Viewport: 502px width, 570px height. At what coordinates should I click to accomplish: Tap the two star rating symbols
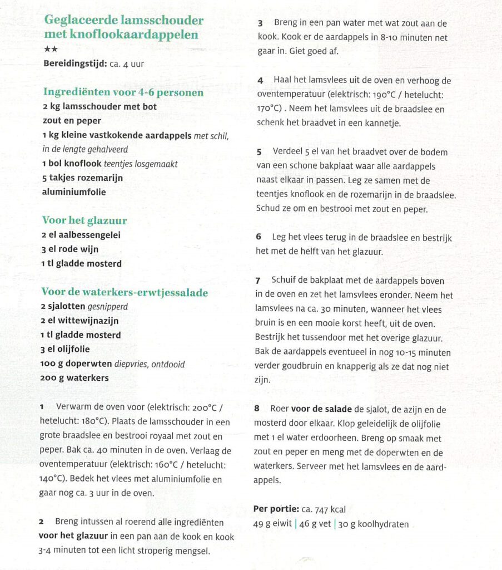[x=50, y=50]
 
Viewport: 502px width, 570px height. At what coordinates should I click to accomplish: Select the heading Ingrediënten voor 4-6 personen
[x=123, y=92]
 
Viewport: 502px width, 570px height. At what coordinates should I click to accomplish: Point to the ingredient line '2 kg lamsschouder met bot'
[x=100, y=106]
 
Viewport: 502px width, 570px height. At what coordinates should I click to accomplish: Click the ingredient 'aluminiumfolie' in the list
[x=74, y=192]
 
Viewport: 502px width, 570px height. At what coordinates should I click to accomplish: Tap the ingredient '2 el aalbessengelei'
[x=81, y=235]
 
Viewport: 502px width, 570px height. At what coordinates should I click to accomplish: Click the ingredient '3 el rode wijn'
[x=70, y=249]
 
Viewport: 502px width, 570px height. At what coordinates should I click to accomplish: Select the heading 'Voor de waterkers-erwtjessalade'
[x=125, y=292]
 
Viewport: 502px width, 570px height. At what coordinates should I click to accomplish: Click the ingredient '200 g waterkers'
[x=74, y=378]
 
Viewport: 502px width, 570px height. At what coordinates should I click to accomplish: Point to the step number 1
[x=42, y=407]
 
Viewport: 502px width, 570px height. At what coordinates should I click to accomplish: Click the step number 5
[x=259, y=152]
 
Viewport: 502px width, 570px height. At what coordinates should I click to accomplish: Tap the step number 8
[x=257, y=409]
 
